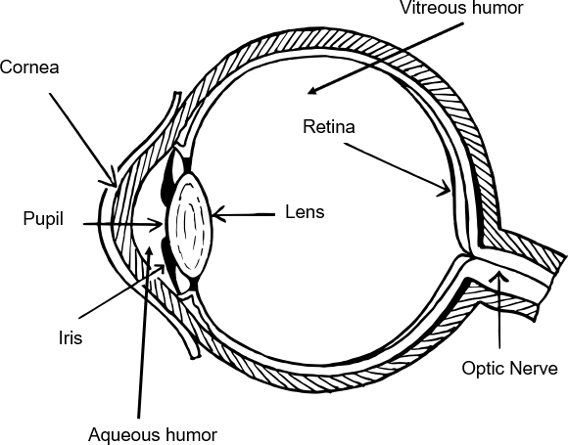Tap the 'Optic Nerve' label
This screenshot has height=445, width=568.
click(x=509, y=369)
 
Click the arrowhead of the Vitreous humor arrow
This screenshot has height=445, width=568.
click(x=311, y=92)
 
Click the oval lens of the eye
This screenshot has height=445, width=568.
click(x=190, y=225)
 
